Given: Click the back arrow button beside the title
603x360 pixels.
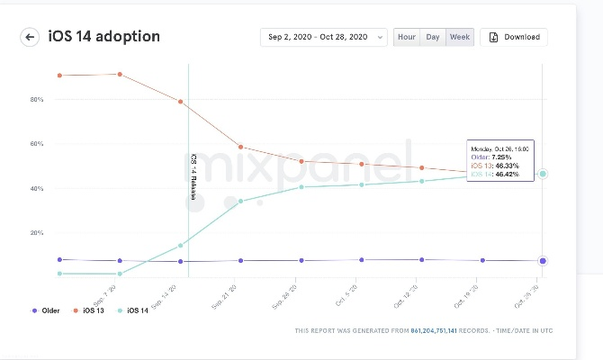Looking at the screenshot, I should tap(31, 37).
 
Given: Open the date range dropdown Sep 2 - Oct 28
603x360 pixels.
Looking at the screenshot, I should tap(324, 37).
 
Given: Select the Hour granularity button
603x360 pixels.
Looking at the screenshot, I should tap(407, 37).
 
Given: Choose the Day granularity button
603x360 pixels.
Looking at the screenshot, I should tap(433, 37).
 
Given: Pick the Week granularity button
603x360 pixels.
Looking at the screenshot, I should tap(460, 37).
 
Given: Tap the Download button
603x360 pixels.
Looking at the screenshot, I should tap(514, 37).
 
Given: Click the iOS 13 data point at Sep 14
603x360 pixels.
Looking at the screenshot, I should tap(181, 102).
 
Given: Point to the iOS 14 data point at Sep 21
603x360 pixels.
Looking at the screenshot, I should tap(241, 201).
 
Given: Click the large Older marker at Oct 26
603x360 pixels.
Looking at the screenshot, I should tap(543, 261).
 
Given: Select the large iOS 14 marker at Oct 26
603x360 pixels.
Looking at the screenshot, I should tap(543, 174).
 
